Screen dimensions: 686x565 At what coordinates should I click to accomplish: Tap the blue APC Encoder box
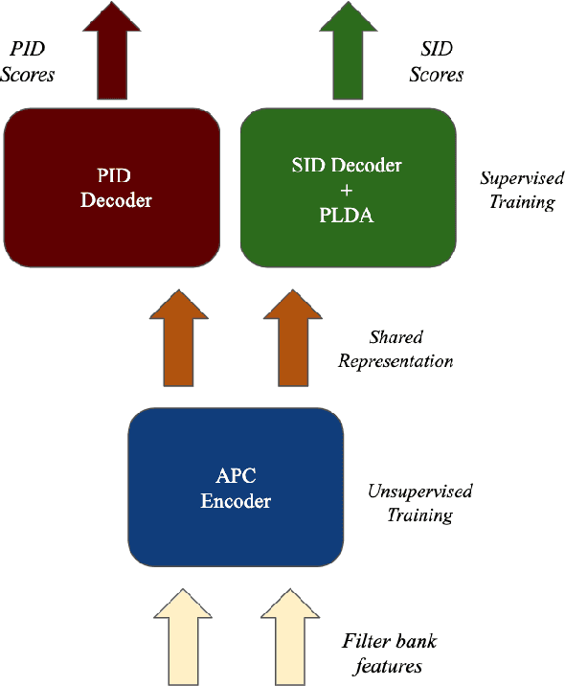click(236, 488)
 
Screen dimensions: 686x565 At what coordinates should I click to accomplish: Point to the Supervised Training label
click(517, 190)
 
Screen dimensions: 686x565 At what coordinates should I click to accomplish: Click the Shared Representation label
click(410, 350)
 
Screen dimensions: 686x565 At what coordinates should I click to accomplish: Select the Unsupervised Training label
click(419, 503)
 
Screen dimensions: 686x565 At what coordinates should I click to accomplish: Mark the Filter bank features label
click(390, 653)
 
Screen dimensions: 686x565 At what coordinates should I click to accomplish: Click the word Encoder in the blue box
click(236, 501)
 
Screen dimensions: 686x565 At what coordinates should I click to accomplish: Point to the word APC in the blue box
click(236, 476)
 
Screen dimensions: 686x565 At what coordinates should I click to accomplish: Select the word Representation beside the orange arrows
click(410, 362)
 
